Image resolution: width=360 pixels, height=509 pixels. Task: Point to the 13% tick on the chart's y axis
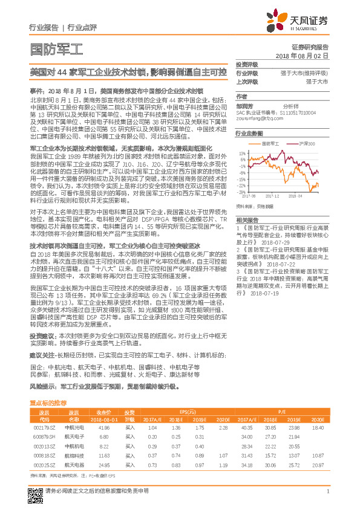241,154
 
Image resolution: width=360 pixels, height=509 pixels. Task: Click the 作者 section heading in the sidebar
241,96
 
